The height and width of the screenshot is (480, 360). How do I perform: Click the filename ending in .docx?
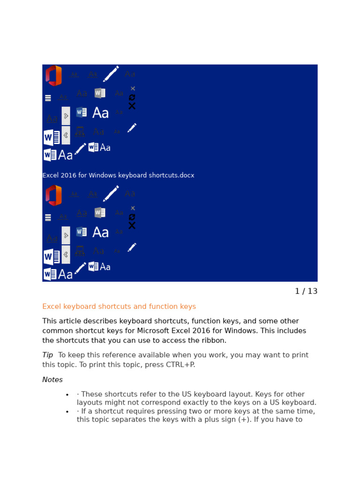point(118,175)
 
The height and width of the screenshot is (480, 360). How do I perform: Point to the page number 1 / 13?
point(306,291)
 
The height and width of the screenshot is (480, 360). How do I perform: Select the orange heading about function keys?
point(119,307)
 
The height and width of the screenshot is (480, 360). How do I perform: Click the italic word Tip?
point(47,355)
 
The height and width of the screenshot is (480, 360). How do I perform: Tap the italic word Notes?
point(52,380)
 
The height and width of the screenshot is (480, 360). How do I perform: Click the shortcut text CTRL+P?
point(180,365)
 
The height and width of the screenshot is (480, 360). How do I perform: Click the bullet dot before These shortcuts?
point(67,395)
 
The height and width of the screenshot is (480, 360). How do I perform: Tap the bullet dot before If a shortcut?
point(67,412)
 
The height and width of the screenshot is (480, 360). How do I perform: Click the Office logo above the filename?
point(53,75)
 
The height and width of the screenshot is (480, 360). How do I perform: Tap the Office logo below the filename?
point(53,195)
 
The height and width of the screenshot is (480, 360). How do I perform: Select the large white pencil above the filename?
point(111,74)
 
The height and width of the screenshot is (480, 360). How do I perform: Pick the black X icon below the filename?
point(132,225)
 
